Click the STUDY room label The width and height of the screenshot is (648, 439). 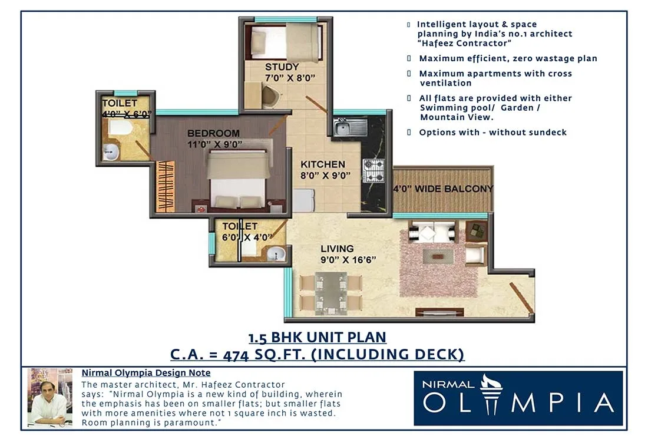[x=282, y=67]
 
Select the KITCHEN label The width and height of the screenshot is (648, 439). [x=323, y=164]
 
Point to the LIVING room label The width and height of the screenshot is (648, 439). [x=337, y=249]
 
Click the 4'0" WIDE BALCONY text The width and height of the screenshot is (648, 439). [x=443, y=189]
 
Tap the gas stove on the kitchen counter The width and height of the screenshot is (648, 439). [x=373, y=170]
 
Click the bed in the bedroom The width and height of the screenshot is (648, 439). [x=239, y=180]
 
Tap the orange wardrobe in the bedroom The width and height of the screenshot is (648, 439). [x=166, y=186]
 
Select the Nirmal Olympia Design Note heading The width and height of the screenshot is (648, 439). [x=146, y=373]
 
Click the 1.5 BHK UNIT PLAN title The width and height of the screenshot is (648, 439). [x=318, y=338]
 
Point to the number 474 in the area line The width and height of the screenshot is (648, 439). [x=242, y=355]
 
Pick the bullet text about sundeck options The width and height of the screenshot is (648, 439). [x=492, y=133]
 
